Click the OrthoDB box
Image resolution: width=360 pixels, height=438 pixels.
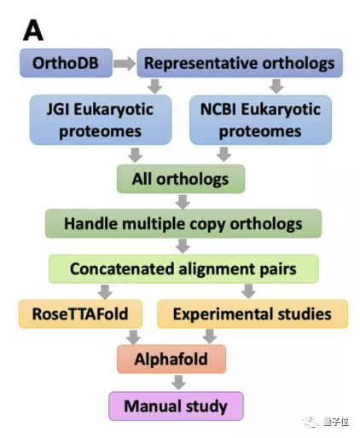click(x=63, y=63)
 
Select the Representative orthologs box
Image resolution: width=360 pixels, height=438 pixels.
click(x=239, y=63)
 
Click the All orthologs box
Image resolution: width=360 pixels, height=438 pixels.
click(x=181, y=179)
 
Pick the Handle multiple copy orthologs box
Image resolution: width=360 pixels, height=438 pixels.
click(x=183, y=224)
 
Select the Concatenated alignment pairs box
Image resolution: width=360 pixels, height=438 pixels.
click(x=183, y=269)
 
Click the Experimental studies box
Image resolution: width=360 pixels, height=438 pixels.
click(x=252, y=314)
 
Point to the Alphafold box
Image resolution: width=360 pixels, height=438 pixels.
click(x=171, y=359)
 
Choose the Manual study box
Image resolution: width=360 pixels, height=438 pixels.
click(x=175, y=405)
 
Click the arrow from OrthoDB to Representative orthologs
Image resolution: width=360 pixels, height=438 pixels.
click(x=124, y=63)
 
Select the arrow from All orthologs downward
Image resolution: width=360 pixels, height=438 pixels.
click(x=182, y=202)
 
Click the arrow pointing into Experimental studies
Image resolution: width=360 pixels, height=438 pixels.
click(x=248, y=291)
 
